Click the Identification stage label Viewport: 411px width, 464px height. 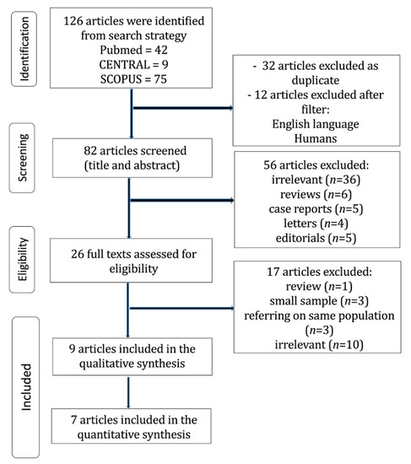coord(24,49)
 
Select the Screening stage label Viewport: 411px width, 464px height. coord(23,158)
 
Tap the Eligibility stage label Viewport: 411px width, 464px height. coord(23,259)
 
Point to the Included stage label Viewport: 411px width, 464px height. coord(26,387)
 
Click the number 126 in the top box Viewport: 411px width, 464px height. coord(73,21)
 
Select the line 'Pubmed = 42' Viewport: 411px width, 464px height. coord(133,50)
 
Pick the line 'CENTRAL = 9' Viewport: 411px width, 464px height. coord(133,64)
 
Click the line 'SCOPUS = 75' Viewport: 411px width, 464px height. coord(133,79)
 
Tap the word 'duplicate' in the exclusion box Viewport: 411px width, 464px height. coord(316,80)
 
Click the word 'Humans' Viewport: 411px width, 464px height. coord(316,138)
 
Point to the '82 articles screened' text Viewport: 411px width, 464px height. coord(135,151)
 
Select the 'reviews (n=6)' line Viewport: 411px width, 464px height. coord(316,194)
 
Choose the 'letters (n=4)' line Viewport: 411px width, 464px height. coord(316,224)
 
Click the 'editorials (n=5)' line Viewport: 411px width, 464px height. coord(316,238)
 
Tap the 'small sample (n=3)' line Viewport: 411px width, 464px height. coord(319,301)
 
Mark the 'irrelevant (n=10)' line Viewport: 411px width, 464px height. coord(319,344)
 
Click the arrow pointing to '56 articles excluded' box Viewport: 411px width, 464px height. coord(182,200)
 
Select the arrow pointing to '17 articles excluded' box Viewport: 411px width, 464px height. coord(182,308)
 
